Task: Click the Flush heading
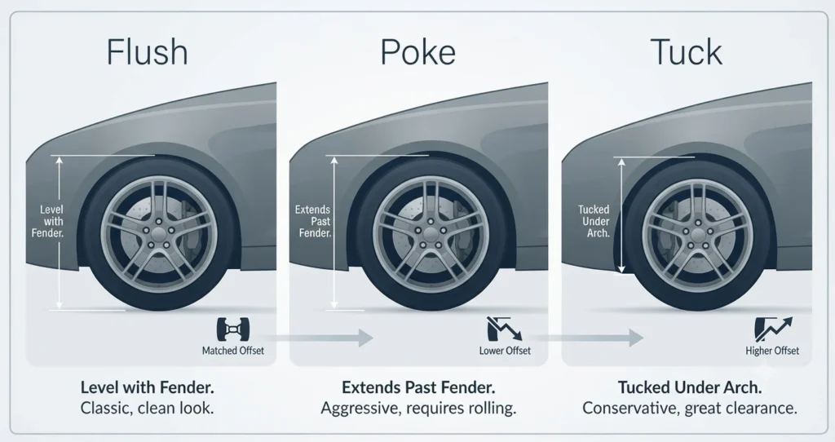148,52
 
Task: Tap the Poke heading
418,52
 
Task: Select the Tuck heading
687,52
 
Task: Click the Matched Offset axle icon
233,329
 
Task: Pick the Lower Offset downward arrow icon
505,329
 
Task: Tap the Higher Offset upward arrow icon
773,329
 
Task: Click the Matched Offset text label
232,351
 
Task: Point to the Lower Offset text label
505,351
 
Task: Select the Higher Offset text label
772,351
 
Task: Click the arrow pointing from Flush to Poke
317,338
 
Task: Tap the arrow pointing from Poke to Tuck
585,338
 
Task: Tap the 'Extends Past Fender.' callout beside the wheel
313,222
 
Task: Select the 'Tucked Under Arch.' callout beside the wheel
594,222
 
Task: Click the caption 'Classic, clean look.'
147,409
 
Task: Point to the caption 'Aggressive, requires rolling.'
418,409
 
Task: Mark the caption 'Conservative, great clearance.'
690,409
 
